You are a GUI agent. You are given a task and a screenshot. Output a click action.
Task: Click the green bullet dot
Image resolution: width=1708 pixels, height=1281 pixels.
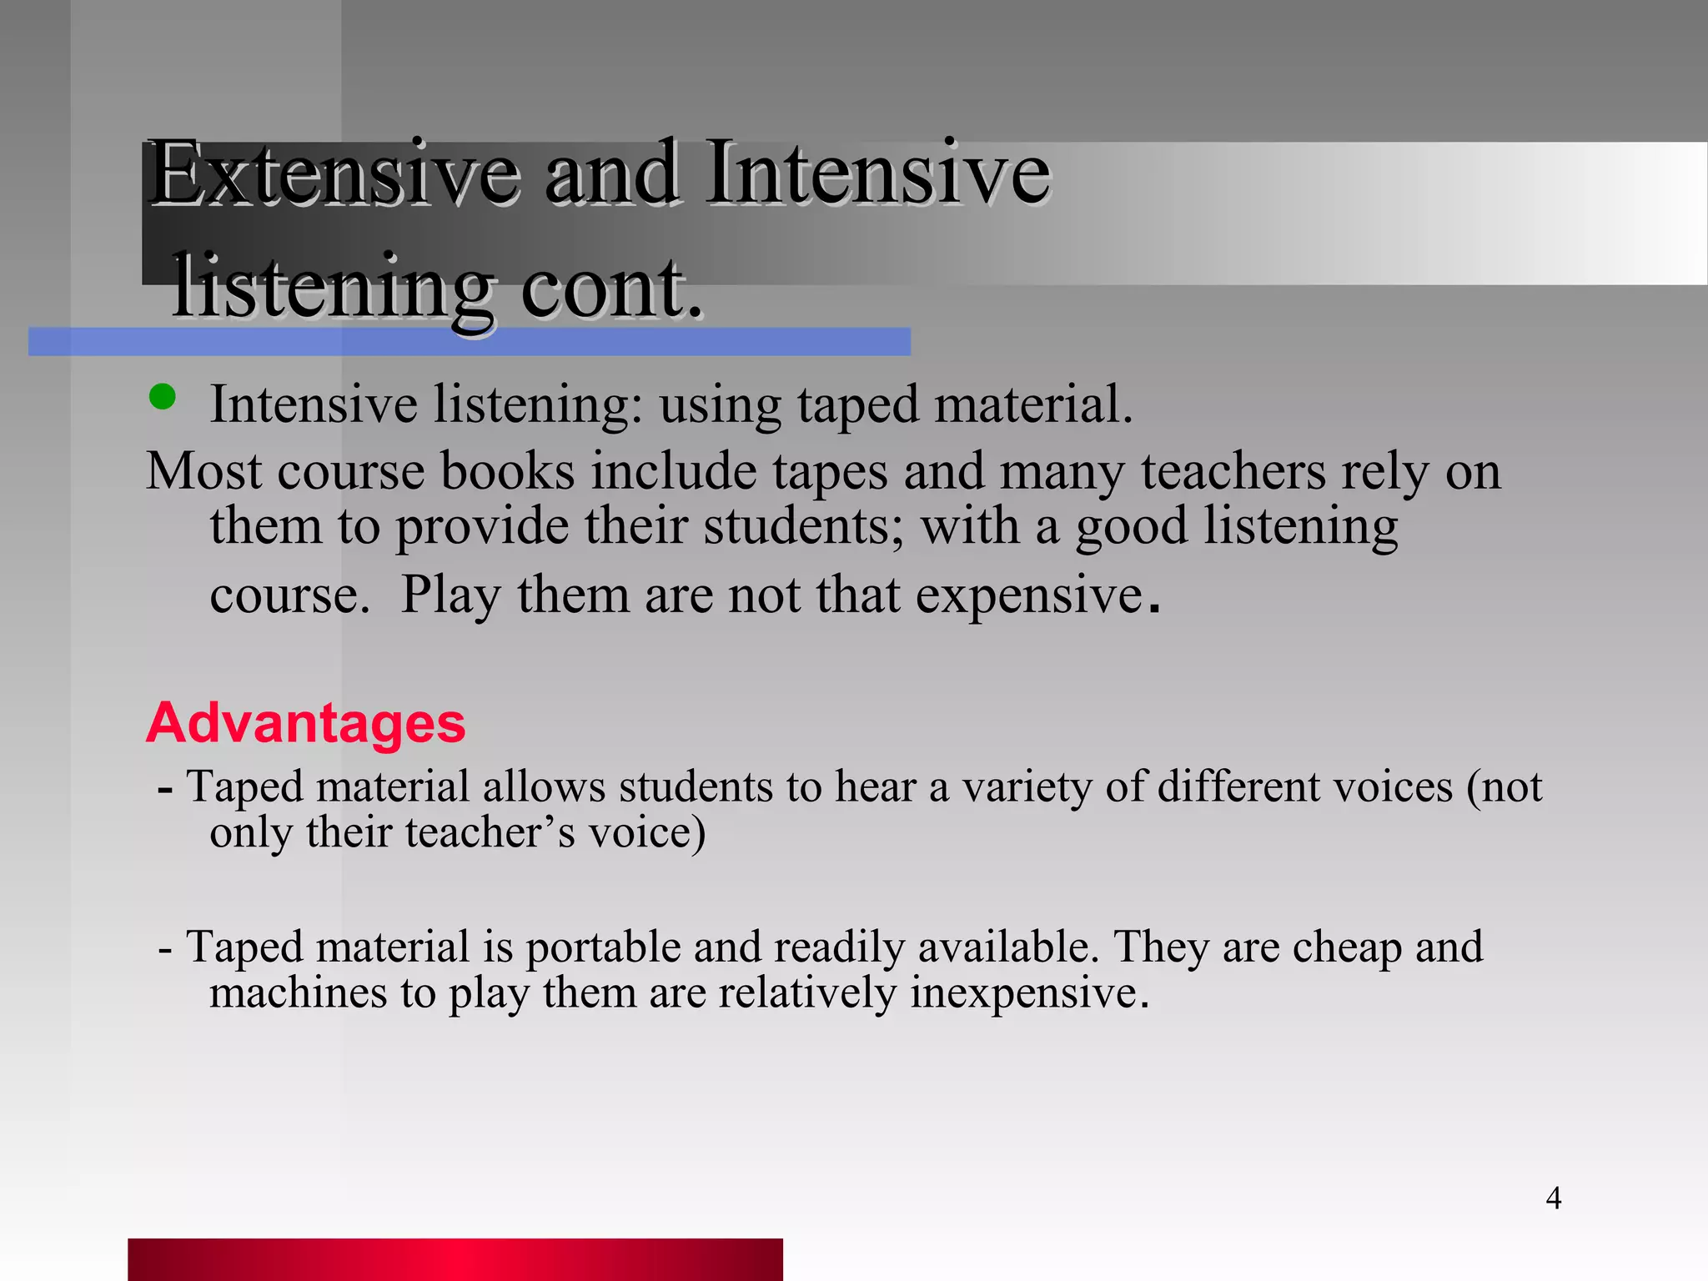pos(162,397)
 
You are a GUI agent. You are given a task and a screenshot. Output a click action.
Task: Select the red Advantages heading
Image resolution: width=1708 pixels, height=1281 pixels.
pos(305,722)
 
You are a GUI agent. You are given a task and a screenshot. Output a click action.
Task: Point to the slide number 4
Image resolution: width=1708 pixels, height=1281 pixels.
pos(1553,1198)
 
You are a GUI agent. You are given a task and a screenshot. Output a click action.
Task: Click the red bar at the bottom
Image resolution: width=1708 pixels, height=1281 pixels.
pos(455,1258)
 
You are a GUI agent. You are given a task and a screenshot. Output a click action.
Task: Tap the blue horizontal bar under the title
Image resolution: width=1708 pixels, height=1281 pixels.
pos(469,342)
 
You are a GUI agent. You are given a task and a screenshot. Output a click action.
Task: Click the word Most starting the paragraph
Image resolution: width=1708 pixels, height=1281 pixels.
pos(203,471)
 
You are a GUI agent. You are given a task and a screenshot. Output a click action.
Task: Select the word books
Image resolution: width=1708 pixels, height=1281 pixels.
pos(507,471)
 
